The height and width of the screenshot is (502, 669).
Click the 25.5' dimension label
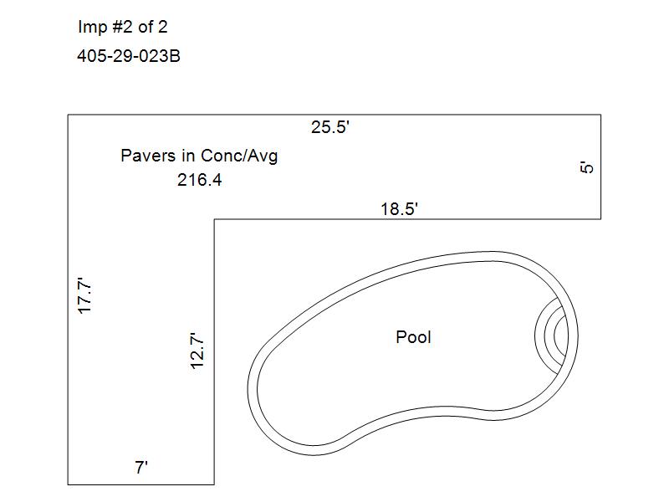[330, 127]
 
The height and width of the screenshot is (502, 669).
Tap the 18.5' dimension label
[399, 209]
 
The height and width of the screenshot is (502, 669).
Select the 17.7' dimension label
[85, 296]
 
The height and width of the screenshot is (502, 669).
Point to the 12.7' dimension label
[197, 351]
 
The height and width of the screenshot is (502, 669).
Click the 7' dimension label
[141, 468]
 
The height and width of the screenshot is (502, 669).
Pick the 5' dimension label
[587, 166]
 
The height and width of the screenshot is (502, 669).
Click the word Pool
[413, 337]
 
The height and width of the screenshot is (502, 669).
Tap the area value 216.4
[200, 180]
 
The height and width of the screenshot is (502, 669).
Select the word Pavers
[148, 156]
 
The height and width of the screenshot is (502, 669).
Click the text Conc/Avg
[239, 156]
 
